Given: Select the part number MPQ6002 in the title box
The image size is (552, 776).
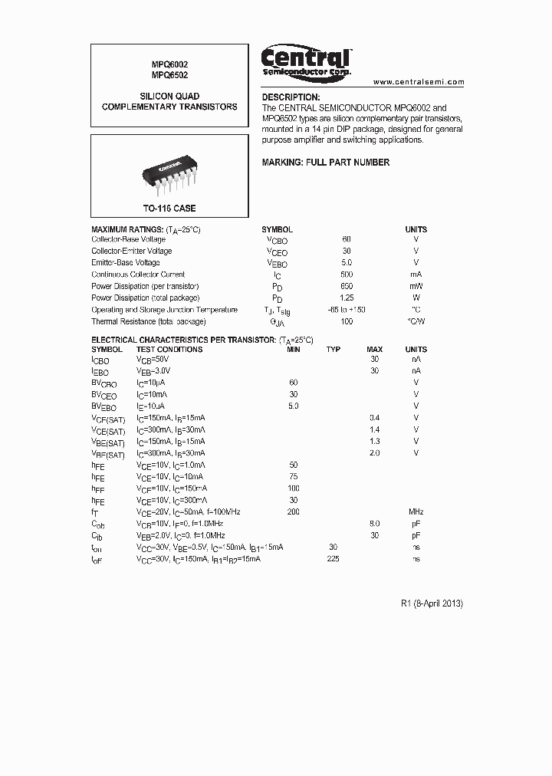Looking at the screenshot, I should pyautogui.click(x=169, y=64).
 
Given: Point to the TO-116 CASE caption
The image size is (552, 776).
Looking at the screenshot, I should pyautogui.click(x=169, y=209).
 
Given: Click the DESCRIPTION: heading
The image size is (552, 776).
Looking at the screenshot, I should pyautogui.click(x=291, y=97).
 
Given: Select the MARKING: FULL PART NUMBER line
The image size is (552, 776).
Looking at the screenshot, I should pyautogui.click(x=326, y=163).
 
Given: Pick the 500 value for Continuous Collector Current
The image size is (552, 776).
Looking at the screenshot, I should pyautogui.click(x=347, y=275).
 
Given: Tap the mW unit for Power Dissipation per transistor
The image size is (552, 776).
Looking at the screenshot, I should pyautogui.click(x=416, y=286).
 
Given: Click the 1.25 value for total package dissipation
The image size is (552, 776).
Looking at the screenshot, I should pyautogui.click(x=347, y=298).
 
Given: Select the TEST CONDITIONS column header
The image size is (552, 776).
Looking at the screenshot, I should pyautogui.click(x=169, y=350).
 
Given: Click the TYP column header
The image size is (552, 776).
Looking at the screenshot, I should pyautogui.click(x=333, y=350).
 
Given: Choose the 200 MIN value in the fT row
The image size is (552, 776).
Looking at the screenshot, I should pyautogui.click(x=293, y=511).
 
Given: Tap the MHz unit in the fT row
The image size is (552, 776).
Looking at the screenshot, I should pyautogui.click(x=416, y=511).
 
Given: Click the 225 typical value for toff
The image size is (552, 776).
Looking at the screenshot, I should pyautogui.click(x=333, y=559).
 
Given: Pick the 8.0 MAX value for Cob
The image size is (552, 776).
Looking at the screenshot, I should pyautogui.click(x=375, y=524).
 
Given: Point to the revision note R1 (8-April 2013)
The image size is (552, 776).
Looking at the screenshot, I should pyautogui.click(x=432, y=603).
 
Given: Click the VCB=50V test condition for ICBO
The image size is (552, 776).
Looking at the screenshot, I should pyautogui.click(x=154, y=359).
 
